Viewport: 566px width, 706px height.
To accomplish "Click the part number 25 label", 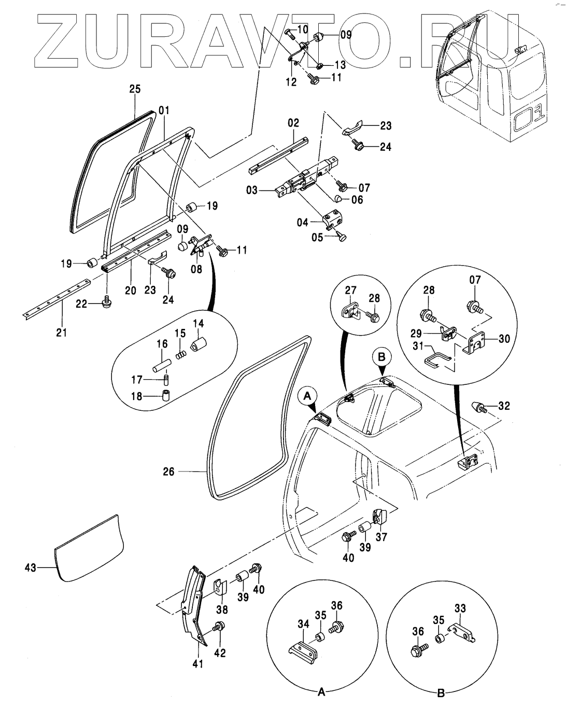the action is [x=135, y=89].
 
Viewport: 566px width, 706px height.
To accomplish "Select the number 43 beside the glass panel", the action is [x=31, y=567].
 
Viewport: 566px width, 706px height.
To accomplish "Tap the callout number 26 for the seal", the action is [x=168, y=472].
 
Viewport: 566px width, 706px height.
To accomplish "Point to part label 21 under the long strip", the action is [x=62, y=333].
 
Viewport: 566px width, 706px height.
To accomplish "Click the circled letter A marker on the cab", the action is [x=307, y=397].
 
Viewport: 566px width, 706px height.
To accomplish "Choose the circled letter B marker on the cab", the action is [x=381, y=357].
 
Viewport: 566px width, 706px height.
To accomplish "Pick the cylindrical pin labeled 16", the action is [x=162, y=366].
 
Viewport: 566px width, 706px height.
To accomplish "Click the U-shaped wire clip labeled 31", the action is [x=438, y=358].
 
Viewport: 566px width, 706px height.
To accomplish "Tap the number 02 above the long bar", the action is [x=293, y=123].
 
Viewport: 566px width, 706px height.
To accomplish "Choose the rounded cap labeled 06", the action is [x=338, y=199].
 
